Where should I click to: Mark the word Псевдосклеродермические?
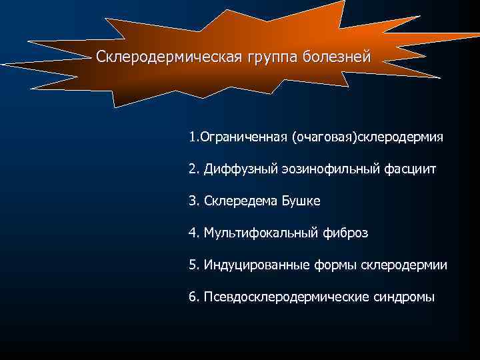pos(281,297)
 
